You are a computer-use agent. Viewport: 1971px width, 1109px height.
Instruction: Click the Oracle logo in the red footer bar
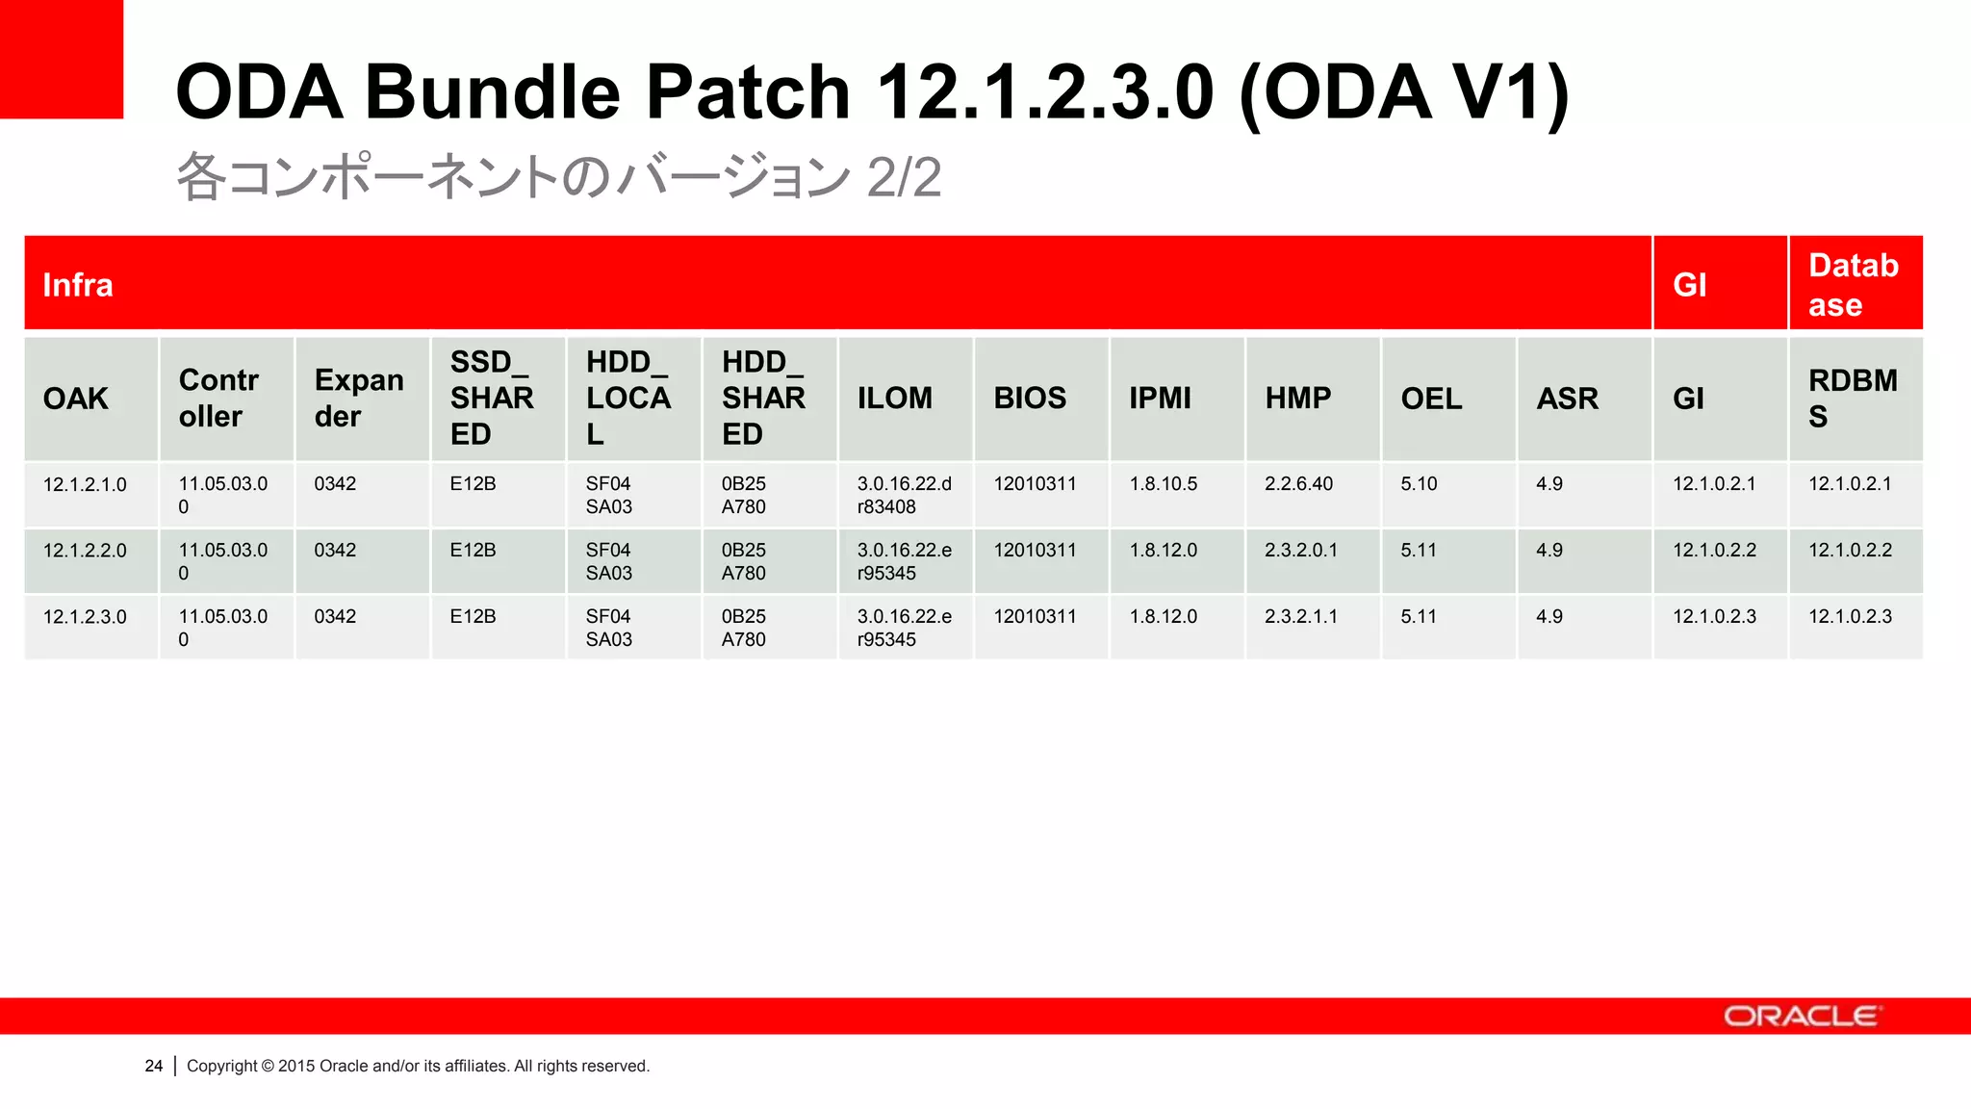tap(1801, 1017)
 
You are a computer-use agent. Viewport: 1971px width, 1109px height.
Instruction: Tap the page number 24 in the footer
tap(154, 1066)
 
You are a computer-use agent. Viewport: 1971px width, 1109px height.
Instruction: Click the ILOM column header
tap(895, 398)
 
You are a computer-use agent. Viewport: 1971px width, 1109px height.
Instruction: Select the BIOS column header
tap(1030, 398)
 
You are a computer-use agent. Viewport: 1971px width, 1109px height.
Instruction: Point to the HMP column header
tap(1297, 398)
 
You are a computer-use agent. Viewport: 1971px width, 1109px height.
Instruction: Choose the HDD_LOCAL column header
tap(627, 398)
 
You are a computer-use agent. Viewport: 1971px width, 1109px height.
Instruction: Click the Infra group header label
tap(78, 285)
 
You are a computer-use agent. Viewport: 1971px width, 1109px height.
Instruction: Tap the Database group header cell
tap(1854, 285)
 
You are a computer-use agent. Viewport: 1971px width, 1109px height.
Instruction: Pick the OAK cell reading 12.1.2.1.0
tap(85, 484)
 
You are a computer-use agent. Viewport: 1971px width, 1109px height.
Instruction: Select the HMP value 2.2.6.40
tap(1298, 483)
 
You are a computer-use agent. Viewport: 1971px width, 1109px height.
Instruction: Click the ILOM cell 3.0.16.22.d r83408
tap(904, 495)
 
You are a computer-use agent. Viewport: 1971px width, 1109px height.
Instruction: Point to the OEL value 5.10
tap(1419, 483)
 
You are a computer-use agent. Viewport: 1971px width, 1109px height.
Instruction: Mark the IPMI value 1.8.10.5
tap(1163, 483)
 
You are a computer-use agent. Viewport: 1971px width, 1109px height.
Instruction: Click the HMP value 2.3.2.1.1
tap(1300, 616)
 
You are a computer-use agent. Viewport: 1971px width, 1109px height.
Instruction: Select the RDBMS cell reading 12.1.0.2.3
tap(1850, 616)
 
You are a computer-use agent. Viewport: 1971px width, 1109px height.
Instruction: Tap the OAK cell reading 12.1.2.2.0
tap(85, 551)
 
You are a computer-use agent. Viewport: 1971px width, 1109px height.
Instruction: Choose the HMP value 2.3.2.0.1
tap(1300, 550)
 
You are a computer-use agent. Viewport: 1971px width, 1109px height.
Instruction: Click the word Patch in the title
tap(748, 92)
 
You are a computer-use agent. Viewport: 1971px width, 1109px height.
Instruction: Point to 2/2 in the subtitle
tap(903, 177)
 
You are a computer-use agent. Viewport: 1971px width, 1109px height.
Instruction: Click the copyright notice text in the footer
tap(418, 1066)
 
